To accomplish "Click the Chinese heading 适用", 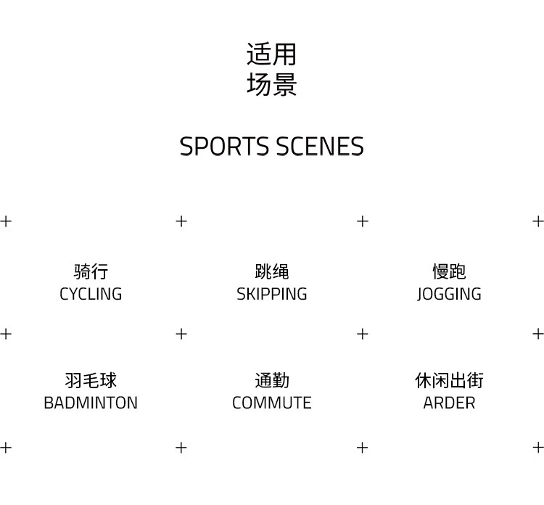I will click(271, 54).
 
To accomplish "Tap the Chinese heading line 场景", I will click(271, 85).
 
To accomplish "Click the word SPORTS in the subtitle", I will click(223, 147).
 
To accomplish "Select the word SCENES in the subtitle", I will click(319, 147).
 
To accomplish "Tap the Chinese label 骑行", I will click(91, 271).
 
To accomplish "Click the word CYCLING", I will click(91, 294).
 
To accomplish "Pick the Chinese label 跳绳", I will click(272, 271).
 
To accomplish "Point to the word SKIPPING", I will click(272, 294).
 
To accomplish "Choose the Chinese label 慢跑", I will click(449, 271).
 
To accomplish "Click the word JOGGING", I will click(449, 294).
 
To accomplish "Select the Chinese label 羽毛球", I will click(91, 380).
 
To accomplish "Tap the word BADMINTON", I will click(91, 403).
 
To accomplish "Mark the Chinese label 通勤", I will click(272, 380).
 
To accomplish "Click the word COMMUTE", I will click(272, 403).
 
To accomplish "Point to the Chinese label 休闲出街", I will click(449, 380).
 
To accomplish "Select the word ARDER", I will click(449, 403).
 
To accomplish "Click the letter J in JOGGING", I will click(420, 295).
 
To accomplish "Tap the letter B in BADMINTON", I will click(49, 403).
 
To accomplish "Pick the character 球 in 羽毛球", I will click(108, 380).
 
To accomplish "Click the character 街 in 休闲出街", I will click(475, 380).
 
